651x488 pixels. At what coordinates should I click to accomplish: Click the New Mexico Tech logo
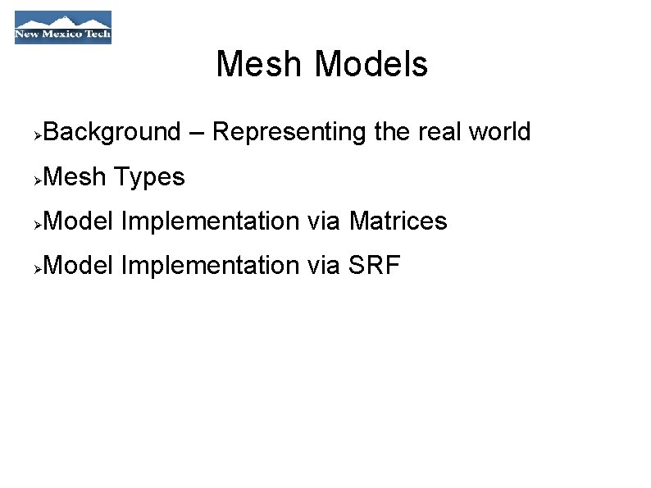click(x=63, y=27)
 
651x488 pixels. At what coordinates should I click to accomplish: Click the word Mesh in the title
click(x=261, y=64)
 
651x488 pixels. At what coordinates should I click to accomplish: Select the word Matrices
click(x=398, y=221)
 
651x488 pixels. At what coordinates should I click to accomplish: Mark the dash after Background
click(x=196, y=133)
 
